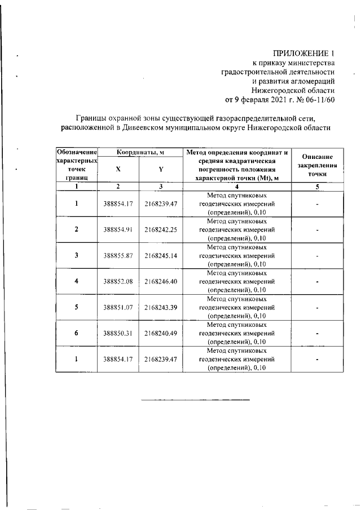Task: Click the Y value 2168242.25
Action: tap(161, 230)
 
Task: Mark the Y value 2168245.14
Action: tap(161, 255)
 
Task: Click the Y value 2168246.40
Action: tap(161, 281)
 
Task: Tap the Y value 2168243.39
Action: tap(161, 307)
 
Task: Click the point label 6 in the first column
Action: tap(76, 333)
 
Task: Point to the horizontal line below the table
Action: tap(195, 400)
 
